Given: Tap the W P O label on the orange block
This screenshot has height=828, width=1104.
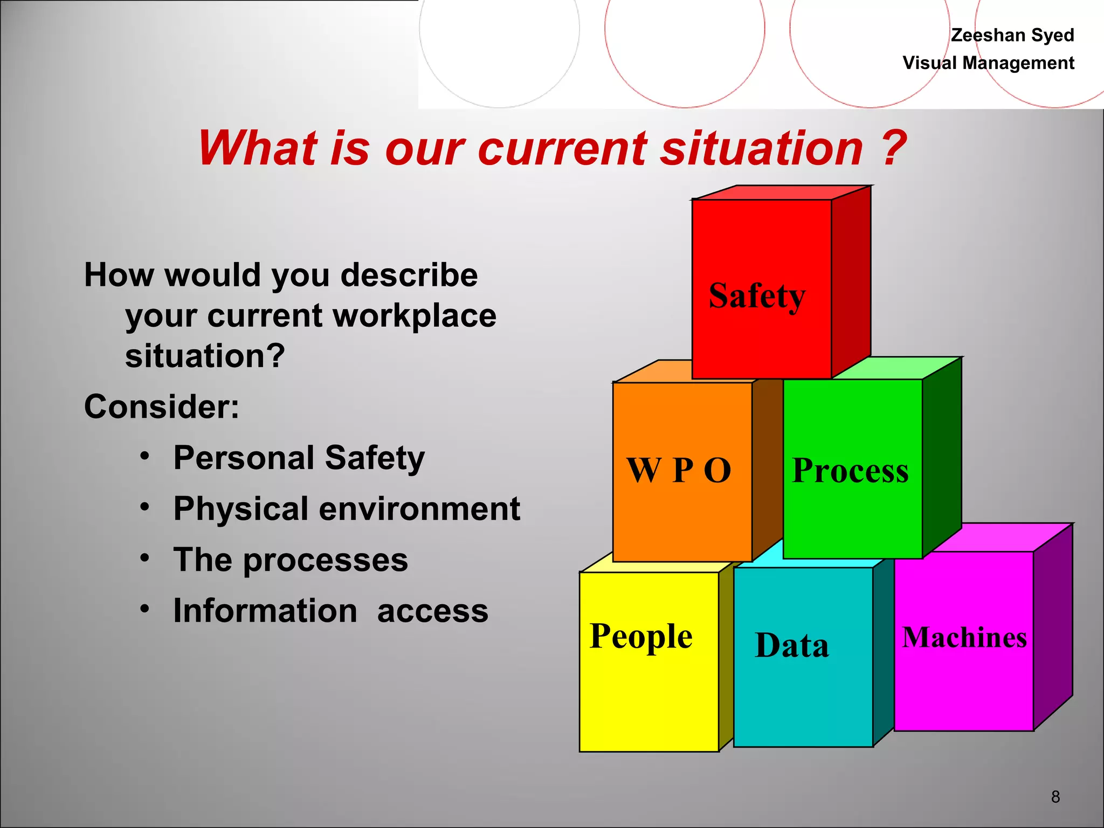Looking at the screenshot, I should tap(679, 470).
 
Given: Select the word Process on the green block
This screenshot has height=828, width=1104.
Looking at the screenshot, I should tap(850, 470).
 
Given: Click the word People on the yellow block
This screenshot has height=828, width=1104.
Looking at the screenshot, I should tap(641, 637).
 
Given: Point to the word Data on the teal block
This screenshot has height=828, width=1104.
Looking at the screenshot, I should tap(792, 645).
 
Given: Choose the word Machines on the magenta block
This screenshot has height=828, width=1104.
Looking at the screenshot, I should tap(964, 637).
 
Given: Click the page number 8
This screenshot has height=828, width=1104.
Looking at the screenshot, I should tap(1055, 796).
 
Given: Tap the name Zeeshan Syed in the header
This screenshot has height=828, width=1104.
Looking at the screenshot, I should tap(1012, 35).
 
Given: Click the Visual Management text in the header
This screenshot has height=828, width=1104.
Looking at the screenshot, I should tap(988, 63).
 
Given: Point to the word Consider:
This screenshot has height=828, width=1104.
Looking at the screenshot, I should tap(162, 406).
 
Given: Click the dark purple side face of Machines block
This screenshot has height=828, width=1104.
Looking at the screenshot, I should tap(1053, 625).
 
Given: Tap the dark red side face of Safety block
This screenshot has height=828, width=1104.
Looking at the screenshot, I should tap(851, 280).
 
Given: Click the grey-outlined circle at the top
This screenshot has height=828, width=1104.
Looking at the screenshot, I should tap(499, 32).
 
